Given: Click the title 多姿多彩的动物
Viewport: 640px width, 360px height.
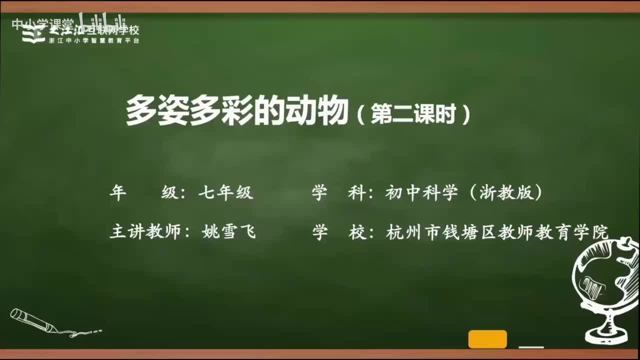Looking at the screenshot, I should (236, 110).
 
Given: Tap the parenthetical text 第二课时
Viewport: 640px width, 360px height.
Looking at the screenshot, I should (413, 114).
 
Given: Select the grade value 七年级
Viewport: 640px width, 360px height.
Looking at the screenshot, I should (226, 193).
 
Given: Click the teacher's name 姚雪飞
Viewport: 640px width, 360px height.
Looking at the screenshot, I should (228, 232).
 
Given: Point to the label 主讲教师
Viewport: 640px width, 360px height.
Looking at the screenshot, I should (144, 232).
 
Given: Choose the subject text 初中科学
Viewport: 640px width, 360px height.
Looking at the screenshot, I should (421, 193).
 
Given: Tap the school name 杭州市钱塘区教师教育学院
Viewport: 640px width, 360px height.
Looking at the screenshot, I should (497, 232).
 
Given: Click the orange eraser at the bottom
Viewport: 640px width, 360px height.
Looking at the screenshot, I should (487, 339).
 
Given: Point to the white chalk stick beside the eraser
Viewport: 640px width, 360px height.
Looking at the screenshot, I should (531, 346).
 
